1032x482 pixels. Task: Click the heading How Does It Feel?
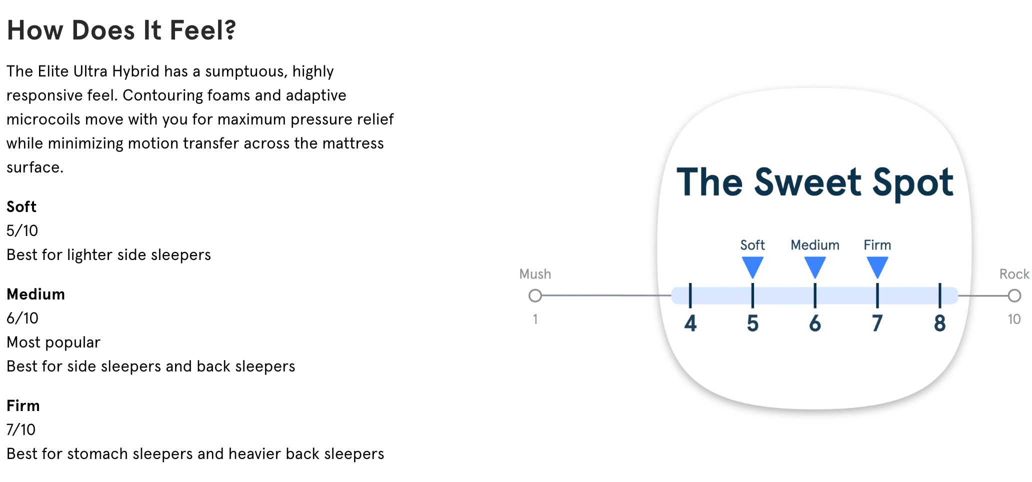click(x=121, y=30)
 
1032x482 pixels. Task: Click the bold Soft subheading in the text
click(x=21, y=206)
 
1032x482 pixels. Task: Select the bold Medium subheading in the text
click(x=36, y=294)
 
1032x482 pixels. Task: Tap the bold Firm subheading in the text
click(x=23, y=405)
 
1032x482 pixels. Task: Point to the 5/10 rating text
click(x=22, y=230)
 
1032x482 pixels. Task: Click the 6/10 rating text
click(x=22, y=318)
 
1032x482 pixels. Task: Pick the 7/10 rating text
click(x=21, y=429)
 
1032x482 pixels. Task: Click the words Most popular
click(x=53, y=342)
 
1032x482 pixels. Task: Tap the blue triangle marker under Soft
click(x=752, y=266)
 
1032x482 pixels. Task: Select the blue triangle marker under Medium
click(x=815, y=266)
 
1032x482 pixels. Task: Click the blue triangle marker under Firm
click(x=877, y=266)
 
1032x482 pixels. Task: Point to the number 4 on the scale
click(x=690, y=323)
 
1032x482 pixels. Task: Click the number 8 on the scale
click(x=940, y=323)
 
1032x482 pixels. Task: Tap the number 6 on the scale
click(x=815, y=323)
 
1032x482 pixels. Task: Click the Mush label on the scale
click(x=535, y=274)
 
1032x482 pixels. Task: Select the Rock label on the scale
click(x=1014, y=274)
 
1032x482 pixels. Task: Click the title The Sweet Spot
click(x=815, y=182)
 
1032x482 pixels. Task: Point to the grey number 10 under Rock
click(x=1014, y=319)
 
